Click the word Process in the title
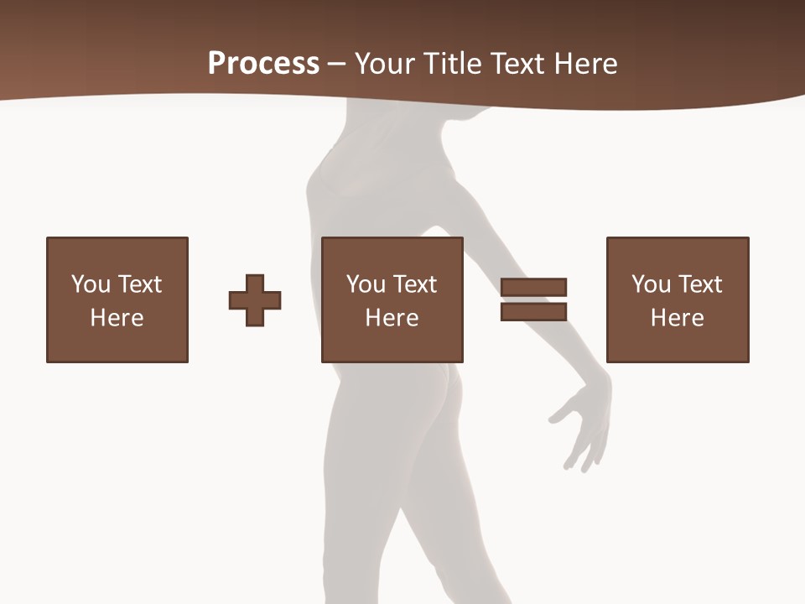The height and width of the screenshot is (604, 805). tap(263, 63)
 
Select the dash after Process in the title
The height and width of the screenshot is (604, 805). tap(336, 65)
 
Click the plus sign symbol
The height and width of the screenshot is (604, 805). tap(255, 299)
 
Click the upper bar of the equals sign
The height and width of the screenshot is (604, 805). tap(533, 287)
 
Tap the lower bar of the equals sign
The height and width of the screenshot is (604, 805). tap(533, 311)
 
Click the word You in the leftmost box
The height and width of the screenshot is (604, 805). tap(90, 284)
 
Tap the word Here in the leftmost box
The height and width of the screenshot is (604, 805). tap(117, 318)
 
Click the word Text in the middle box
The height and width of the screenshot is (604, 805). tap(414, 284)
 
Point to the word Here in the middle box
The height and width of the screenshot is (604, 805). tap(392, 318)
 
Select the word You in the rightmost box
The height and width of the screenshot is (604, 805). tap(651, 284)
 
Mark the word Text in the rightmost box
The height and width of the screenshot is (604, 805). tap(699, 284)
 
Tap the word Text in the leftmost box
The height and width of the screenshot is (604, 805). tap(139, 284)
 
